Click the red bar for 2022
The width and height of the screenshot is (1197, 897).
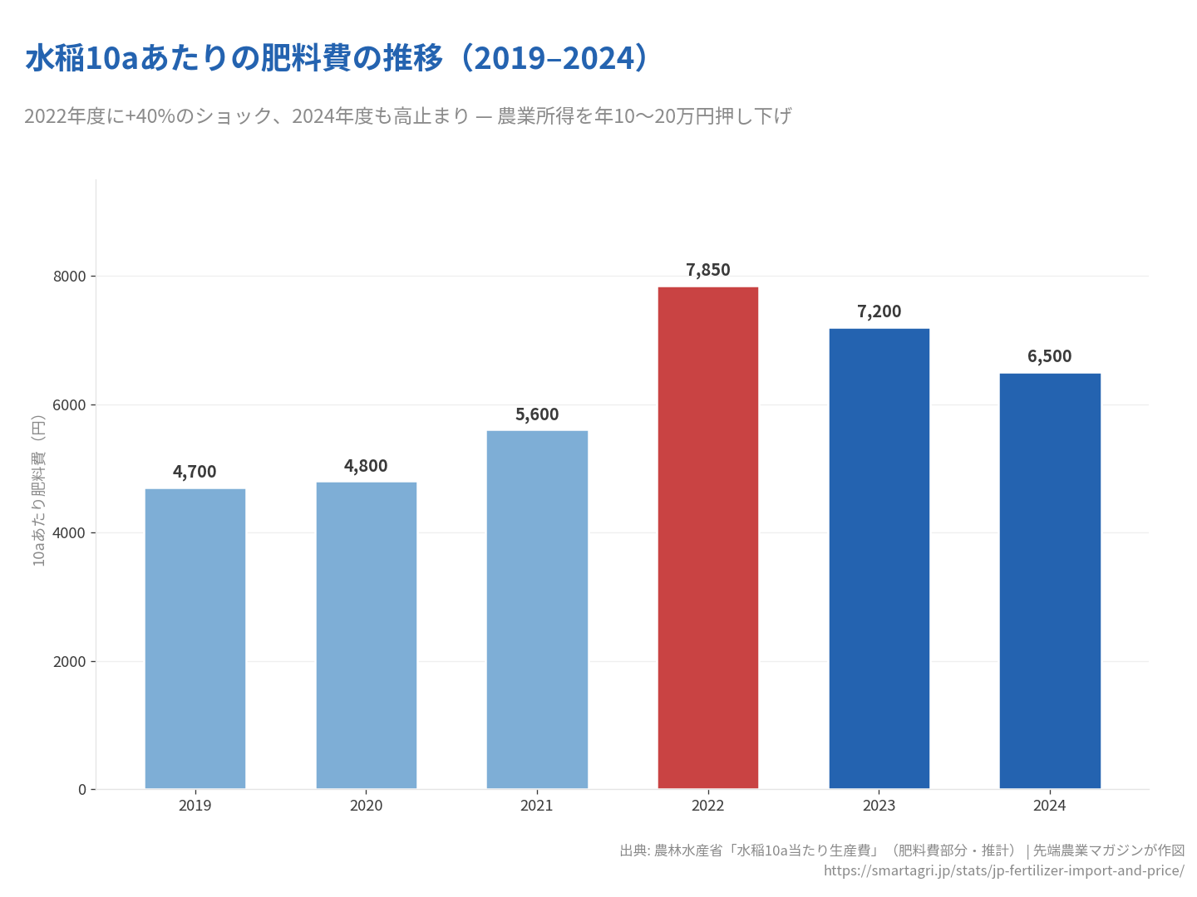coord(707,537)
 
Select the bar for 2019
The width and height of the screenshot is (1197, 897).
coord(195,639)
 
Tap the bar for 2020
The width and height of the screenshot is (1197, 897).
coord(366,635)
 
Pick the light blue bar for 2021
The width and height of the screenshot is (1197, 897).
coord(537,610)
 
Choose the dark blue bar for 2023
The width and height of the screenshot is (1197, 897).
coord(879,558)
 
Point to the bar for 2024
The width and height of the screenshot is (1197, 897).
coord(1049,581)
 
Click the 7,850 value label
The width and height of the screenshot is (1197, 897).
coord(708,270)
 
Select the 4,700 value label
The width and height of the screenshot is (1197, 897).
coord(195,472)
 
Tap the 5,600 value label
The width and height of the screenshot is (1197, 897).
coord(537,414)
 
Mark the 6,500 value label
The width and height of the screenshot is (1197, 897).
coord(1049,356)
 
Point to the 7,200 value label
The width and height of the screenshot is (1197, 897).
coord(879,311)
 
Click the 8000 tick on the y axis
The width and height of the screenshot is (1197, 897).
coord(70,277)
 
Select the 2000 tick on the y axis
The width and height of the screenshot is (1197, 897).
coord(70,662)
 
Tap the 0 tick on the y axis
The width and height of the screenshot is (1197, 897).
coord(82,790)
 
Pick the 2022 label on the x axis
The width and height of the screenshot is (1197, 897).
coord(707,806)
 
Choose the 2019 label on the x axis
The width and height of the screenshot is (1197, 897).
coord(195,806)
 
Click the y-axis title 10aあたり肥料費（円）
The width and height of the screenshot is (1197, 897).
coord(38,490)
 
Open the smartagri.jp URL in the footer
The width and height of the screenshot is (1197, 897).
coord(1003,870)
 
